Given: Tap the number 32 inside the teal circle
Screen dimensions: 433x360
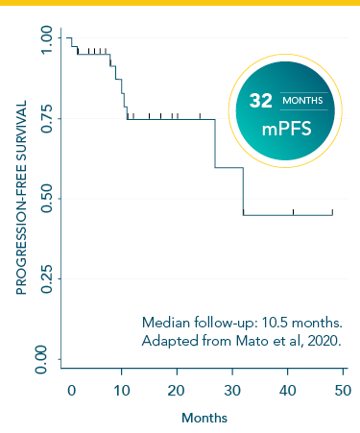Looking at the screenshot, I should point(261,100).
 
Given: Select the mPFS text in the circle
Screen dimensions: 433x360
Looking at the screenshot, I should point(285,128).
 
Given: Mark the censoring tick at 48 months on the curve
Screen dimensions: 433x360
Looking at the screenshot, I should point(332,211).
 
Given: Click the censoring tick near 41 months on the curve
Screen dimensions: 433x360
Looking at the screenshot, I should point(294,211).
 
